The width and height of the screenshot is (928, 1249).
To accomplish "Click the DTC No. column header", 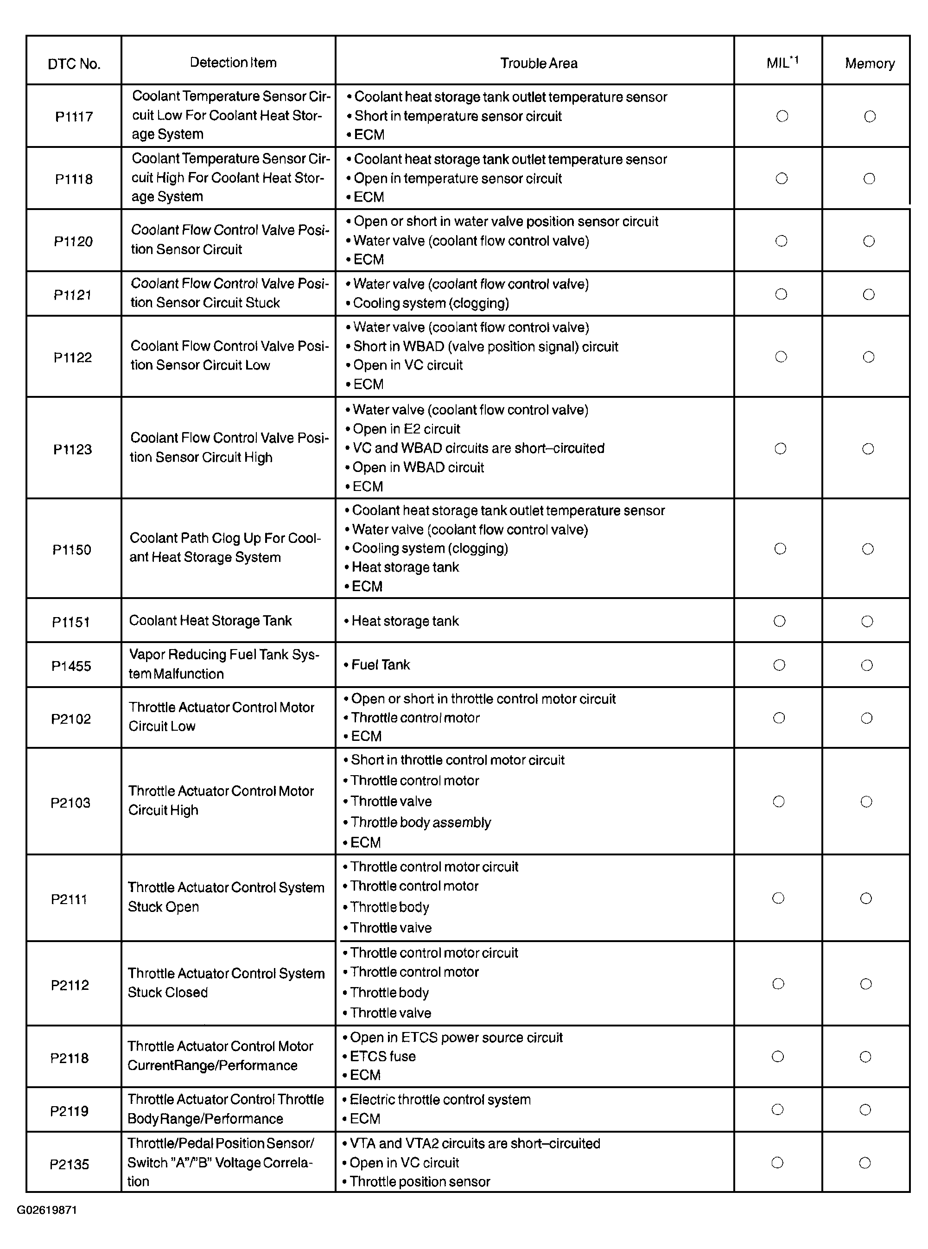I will (x=74, y=64).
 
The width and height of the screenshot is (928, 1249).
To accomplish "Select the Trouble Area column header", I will (x=538, y=63).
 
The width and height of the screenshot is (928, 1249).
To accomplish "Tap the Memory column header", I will (x=869, y=63).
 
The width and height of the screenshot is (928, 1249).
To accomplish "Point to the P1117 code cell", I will (x=74, y=117).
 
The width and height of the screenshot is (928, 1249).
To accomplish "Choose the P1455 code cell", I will (x=71, y=666).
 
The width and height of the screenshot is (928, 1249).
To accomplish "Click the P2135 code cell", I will (x=69, y=1164).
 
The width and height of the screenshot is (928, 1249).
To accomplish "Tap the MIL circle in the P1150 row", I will (x=780, y=548).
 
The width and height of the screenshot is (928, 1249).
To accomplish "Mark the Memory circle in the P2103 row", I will (x=866, y=802).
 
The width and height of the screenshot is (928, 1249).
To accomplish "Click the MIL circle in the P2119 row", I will (x=777, y=1109).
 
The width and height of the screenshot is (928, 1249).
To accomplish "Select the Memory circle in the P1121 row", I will (x=869, y=294).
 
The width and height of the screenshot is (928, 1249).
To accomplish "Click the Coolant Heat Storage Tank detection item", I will (x=210, y=620).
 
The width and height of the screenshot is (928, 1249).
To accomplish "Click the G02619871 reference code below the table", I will (x=47, y=1210).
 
